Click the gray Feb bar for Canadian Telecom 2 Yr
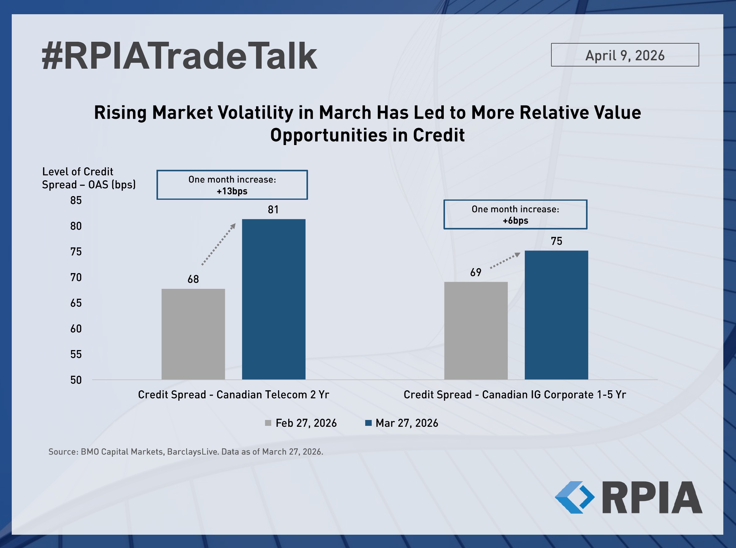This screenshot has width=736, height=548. [193, 334]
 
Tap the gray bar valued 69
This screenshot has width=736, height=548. [476, 330]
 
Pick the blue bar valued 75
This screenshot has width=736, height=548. [556, 315]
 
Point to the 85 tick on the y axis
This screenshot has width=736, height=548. [76, 200]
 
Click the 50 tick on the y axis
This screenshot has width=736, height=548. [76, 380]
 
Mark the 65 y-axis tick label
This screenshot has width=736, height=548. [76, 303]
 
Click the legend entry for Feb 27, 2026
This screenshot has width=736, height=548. [301, 423]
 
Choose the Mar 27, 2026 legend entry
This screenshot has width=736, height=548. [401, 423]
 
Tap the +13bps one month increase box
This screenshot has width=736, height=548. [232, 185]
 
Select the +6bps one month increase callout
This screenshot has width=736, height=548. [515, 214]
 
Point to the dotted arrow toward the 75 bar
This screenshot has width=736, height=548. [505, 260]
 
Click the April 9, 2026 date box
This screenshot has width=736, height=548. [625, 55]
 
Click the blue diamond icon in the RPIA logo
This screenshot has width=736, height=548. [574, 497]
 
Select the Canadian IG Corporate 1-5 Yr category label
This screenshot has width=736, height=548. [515, 395]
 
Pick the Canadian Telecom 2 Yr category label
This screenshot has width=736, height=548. [233, 395]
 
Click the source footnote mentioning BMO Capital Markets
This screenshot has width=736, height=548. [186, 452]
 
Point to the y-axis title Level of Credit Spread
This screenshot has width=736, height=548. [88, 178]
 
